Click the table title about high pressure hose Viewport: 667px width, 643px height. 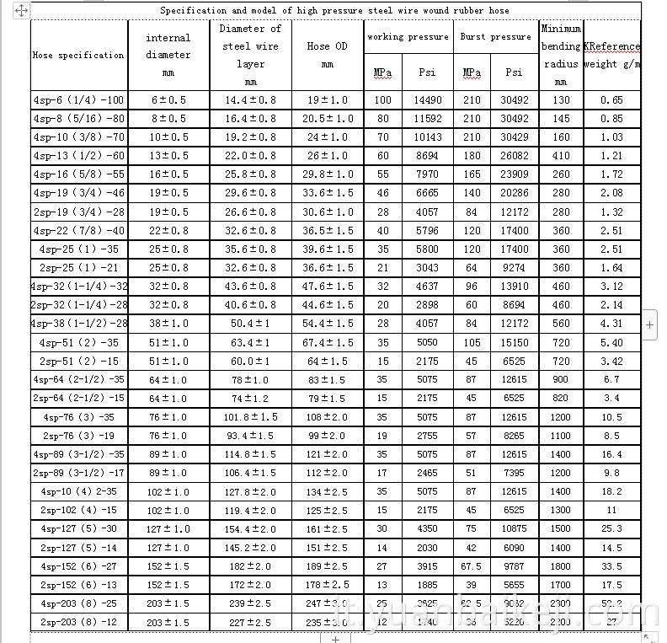pyautogui.click(x=334, y=10)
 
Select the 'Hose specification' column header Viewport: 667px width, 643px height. pyautogui.click(x=78, y=55)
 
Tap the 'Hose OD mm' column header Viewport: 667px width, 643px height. pyautogui.click(x=328, y=55)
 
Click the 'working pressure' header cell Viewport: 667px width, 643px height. pyautogui.click(x=408, y=37)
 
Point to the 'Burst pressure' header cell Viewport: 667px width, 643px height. pyautogui.click(x=495, y=37)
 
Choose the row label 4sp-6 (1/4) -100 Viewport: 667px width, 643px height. pyautogui.click(x=78, y=100)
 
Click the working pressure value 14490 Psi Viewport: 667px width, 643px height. pyautogui.click(x=428, y=100)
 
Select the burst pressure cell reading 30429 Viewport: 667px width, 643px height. pyautogui.click(x=514, y=137)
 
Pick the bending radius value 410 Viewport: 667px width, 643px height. pyautogui.click(x=561, y=156)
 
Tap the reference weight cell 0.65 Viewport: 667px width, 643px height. pyautogui.click(x=611, y=100)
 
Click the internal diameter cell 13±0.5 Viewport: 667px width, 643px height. pyautogui.click(x=168, y=156)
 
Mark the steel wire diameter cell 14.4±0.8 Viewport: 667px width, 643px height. pyautogui.click(x=251, y=100)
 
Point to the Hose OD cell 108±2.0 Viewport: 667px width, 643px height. pyautogui.click(x=328, y=417)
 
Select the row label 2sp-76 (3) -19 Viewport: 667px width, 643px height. pyautogui.click(x=78, y=436)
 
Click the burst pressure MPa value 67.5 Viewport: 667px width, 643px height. pyautogui.click(x=472, y=566)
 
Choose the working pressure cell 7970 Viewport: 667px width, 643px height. pyautogui.click(x=428, y=174)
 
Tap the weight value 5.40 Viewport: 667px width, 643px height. pyautogui.click(x=611, y=343)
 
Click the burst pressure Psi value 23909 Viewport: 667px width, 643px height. pyautogui.click(x=514, y=174)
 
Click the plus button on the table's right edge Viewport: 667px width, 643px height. pyautogui.click(x=649, y=324)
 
